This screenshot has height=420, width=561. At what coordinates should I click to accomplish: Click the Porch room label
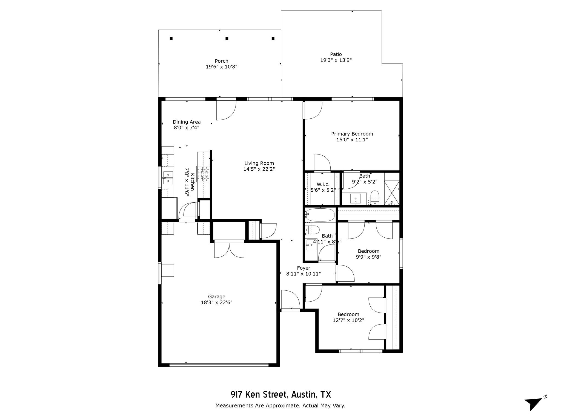click(221, 61)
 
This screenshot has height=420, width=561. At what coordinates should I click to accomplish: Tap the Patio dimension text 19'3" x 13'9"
click(336, 60)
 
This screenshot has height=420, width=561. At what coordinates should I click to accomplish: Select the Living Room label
click(259, 163)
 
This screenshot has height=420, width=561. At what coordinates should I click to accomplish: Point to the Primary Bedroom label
click(352, 134)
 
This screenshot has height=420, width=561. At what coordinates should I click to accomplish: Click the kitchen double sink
click(168, 177)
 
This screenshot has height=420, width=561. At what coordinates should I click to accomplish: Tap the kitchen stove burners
click(203, 174)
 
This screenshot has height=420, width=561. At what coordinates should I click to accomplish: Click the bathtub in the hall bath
click(320, 215)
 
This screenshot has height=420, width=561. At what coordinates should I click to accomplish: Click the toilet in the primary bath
click(374, 197)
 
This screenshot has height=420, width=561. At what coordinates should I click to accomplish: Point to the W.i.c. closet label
click(323, 184)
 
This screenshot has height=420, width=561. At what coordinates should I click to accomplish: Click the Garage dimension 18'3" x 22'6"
click(216, 302)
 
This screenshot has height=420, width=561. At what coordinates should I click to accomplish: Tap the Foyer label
click(304, 268)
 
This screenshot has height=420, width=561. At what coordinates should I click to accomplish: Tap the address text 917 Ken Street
click(259, 395)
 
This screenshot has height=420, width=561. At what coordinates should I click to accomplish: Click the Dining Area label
click(187, 122)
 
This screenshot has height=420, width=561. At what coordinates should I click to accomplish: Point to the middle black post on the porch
click(227, 39)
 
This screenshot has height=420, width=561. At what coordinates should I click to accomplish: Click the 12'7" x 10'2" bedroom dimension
click(348, 320)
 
